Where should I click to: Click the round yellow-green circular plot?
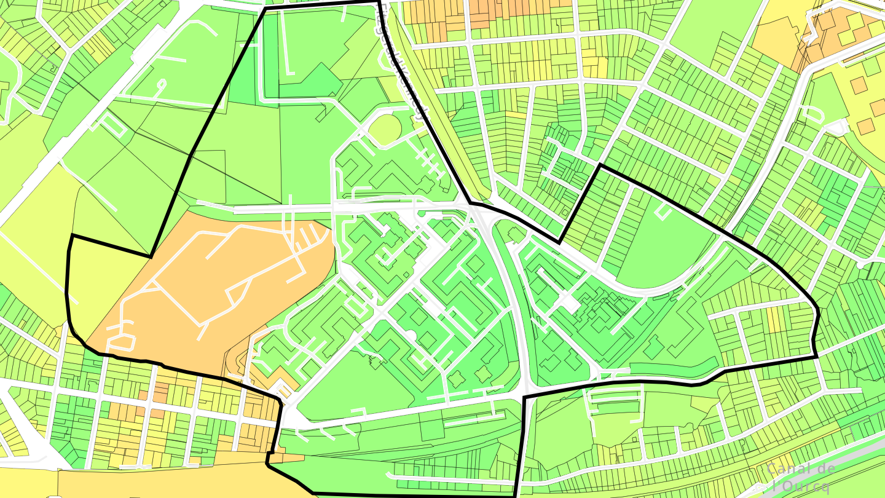click(x=385, y=129)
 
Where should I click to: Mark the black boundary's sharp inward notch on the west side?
click(x=151, y=256)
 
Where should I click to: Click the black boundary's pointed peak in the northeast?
click(x=600, y=165)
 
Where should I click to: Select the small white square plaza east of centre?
click(x=570, y=304)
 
